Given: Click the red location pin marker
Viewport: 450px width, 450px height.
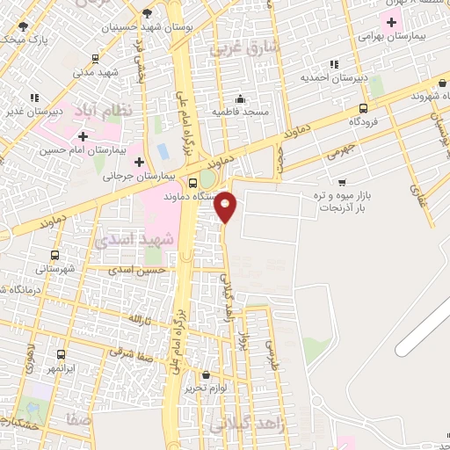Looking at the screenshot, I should (226, 207).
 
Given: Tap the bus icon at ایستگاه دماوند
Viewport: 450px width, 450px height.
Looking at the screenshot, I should (193, 184).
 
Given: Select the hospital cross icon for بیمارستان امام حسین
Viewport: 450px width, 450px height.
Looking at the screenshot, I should (83, 136).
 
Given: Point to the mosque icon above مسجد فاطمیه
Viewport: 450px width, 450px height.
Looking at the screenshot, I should (239, 98).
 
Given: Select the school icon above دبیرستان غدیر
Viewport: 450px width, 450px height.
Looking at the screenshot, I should (33, 98).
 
